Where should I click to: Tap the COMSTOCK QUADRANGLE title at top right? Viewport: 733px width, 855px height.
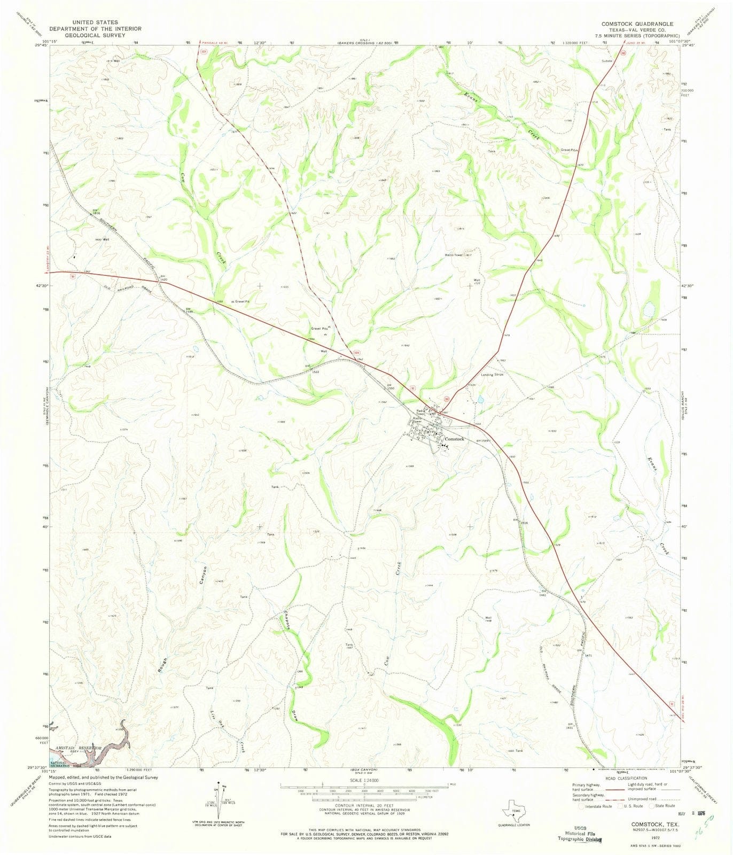[637, 24]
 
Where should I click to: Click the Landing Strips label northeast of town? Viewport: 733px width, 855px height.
[492, 375]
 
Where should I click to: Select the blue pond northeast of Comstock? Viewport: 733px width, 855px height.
[480, 400]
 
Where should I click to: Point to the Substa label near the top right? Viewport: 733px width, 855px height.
[606, 60]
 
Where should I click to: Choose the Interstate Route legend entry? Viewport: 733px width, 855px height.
[598, 806]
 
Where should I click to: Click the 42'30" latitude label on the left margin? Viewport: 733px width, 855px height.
[38, 286]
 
